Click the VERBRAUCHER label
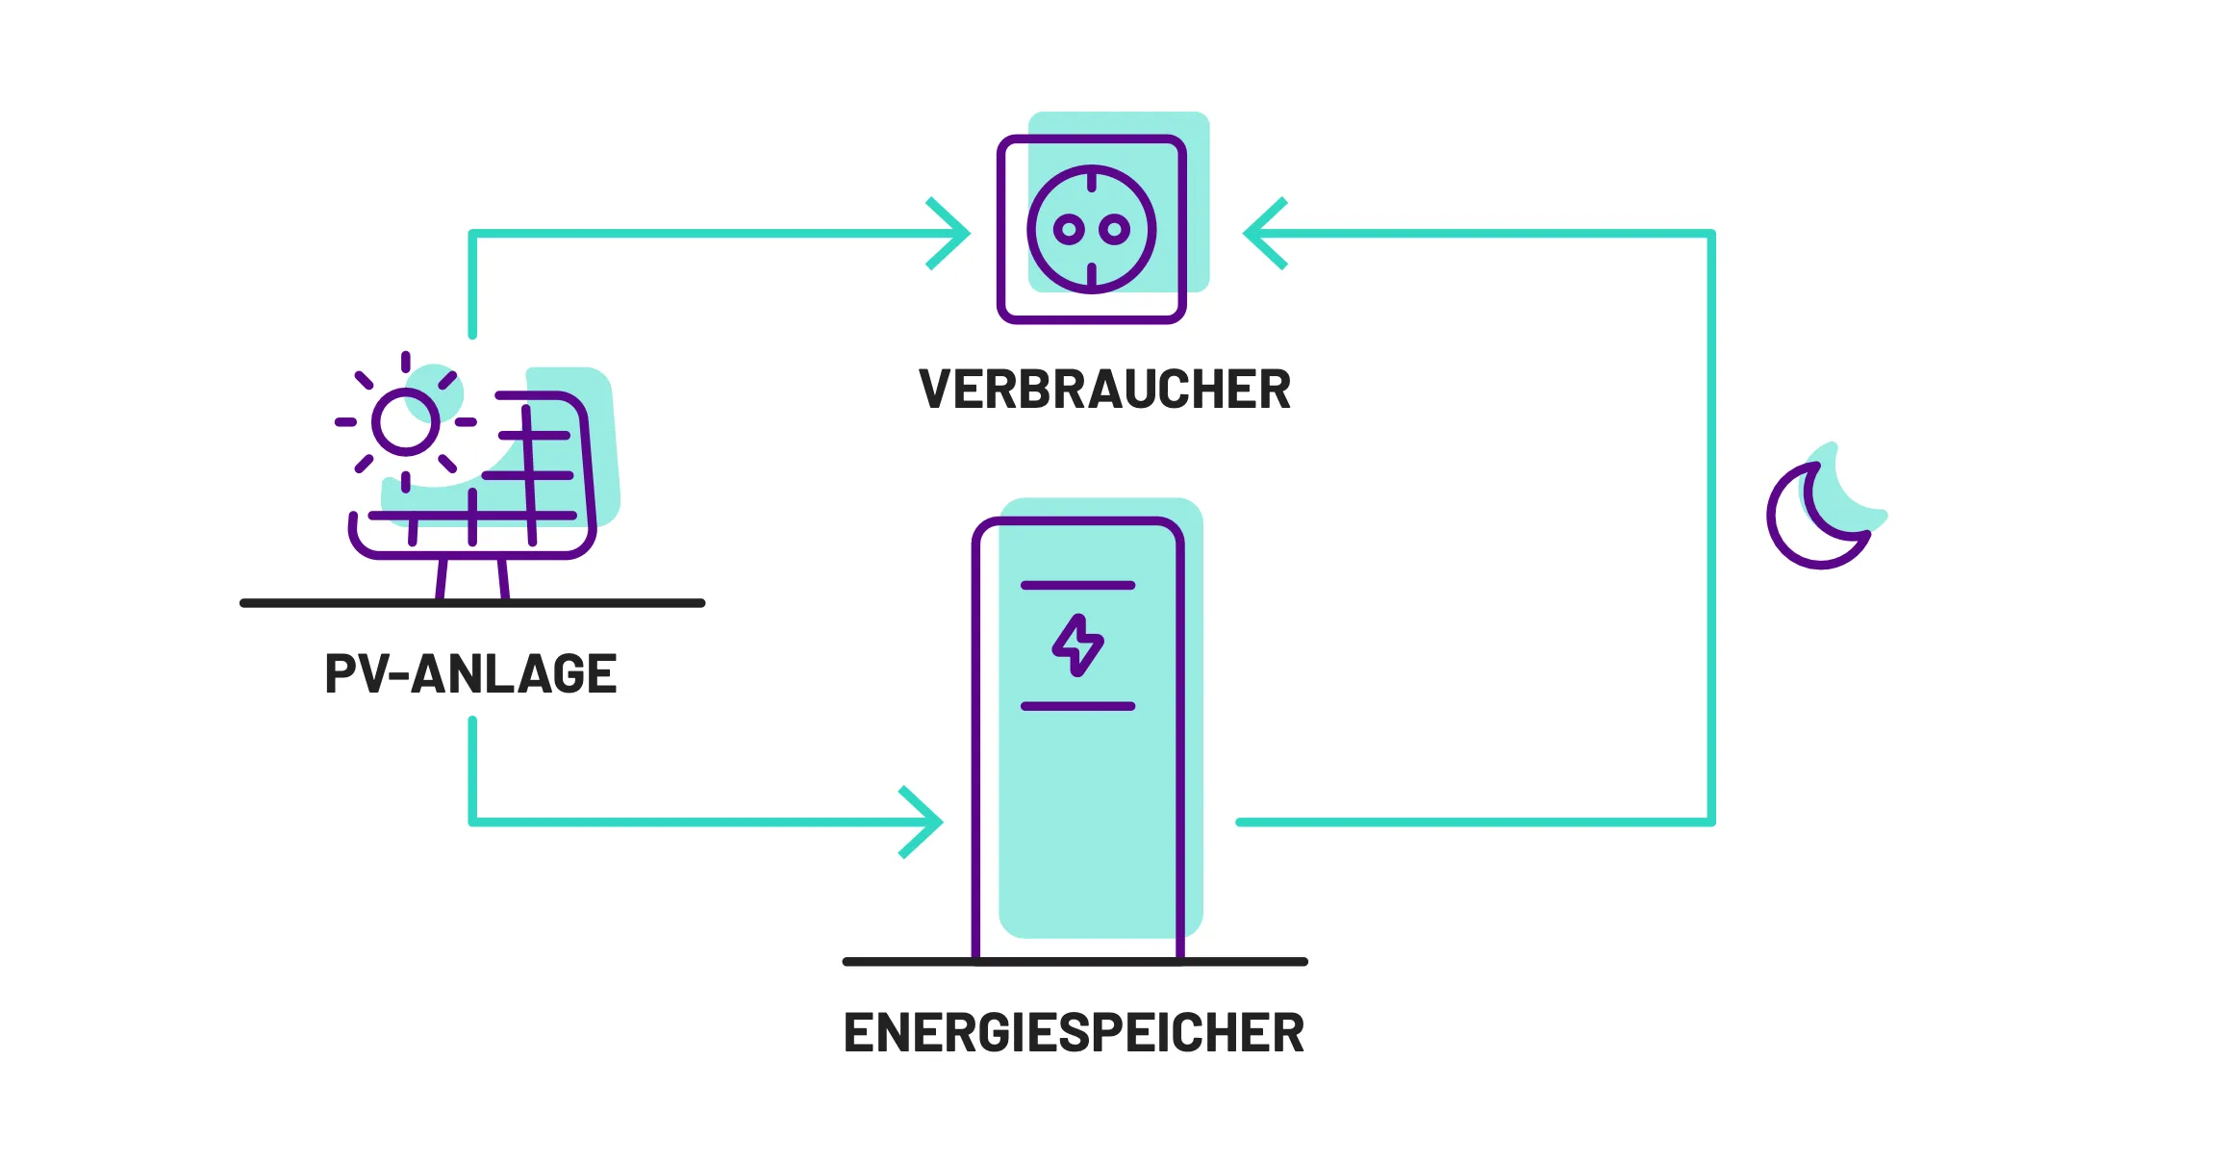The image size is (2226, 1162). tap(1104, 390)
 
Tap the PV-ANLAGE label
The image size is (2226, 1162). tap(470, 673)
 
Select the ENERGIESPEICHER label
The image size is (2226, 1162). tap(1074, 1033)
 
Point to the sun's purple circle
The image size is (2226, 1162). tap(406, 421)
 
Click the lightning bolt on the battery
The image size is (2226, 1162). tap(1077, 645)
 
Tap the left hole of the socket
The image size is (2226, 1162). tap(1069, 229)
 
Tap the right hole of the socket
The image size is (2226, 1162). tap(1114, 229)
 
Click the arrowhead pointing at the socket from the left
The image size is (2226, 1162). tap(952, 234)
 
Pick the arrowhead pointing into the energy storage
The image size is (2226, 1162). tap(925, 822)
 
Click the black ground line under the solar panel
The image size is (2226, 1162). tap(472, 603)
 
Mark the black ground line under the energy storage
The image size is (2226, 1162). tap(1075, 961)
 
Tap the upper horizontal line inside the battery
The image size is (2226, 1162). tap(1077, 585)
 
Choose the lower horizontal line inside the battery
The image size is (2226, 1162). tap(1077, 706)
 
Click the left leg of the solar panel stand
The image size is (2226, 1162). tap(442, 579)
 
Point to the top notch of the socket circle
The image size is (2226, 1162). tap(1092, 180)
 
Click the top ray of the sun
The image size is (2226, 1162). tap(406, 362)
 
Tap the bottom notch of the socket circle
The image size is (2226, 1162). tap(1092, 276)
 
